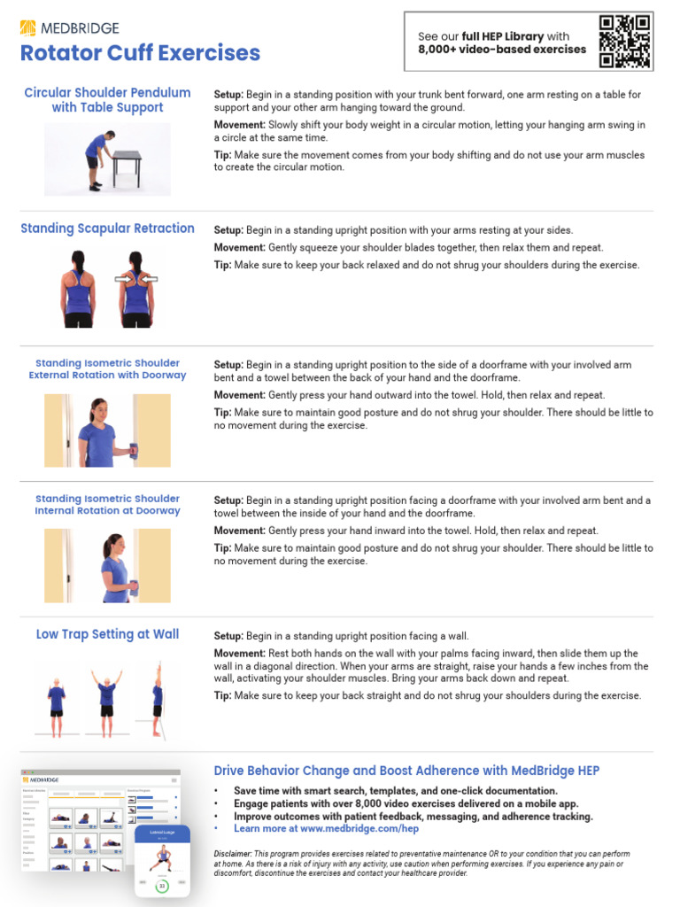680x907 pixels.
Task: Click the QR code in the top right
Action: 625,42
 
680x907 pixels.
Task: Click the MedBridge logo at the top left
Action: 69,28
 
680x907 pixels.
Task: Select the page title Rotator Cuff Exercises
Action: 140,53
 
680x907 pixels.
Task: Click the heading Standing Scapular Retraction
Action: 107,229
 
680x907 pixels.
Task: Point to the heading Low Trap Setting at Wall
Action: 107,634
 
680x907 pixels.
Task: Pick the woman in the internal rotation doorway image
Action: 115,568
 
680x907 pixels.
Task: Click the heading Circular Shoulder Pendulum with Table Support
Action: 107,100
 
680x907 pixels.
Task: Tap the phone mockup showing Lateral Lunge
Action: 163,859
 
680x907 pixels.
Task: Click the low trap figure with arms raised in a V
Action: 107,695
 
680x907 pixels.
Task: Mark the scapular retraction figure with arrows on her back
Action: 135,289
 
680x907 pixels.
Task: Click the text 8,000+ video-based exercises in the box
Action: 502,50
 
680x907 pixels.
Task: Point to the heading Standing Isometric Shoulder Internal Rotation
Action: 107,505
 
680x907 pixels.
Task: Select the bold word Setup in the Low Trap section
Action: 228,636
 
